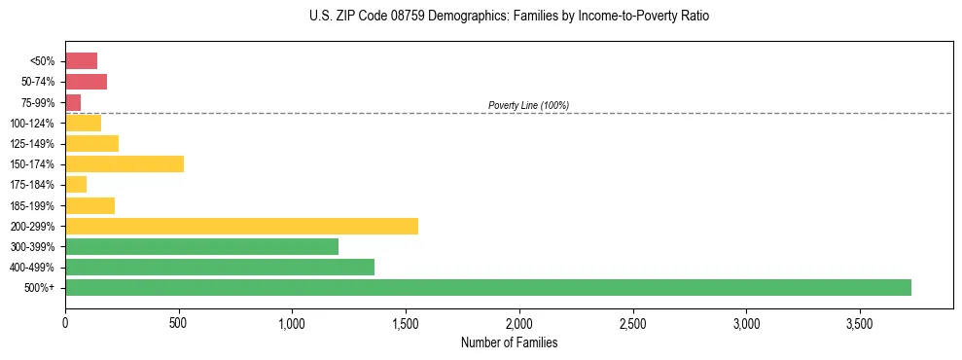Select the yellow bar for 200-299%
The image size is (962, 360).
(x=241, y=226)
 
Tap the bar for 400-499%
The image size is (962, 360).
(x=220, y=267)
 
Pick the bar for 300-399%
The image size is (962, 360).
(x=201, y=246)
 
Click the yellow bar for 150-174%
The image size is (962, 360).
(x=125, y=163)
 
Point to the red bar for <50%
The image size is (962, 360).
(x=81, y=60)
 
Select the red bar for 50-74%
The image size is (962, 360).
(x=86, y=81)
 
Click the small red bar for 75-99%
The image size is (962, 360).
(x=73, y=102)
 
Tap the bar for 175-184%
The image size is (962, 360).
(x=76, y=184)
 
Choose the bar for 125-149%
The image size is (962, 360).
(x=91, y=143)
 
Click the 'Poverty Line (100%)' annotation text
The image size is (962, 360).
(x=528, y=105)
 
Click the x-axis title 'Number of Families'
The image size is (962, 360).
(x=509, y=342)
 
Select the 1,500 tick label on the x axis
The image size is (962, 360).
(x=406, y=322)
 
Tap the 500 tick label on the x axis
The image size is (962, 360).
(x=178, y=322)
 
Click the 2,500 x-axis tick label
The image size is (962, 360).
(x=632, y=322)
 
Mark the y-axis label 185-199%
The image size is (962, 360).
(x=33, y=205)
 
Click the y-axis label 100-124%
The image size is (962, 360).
(x=33, y=123)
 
